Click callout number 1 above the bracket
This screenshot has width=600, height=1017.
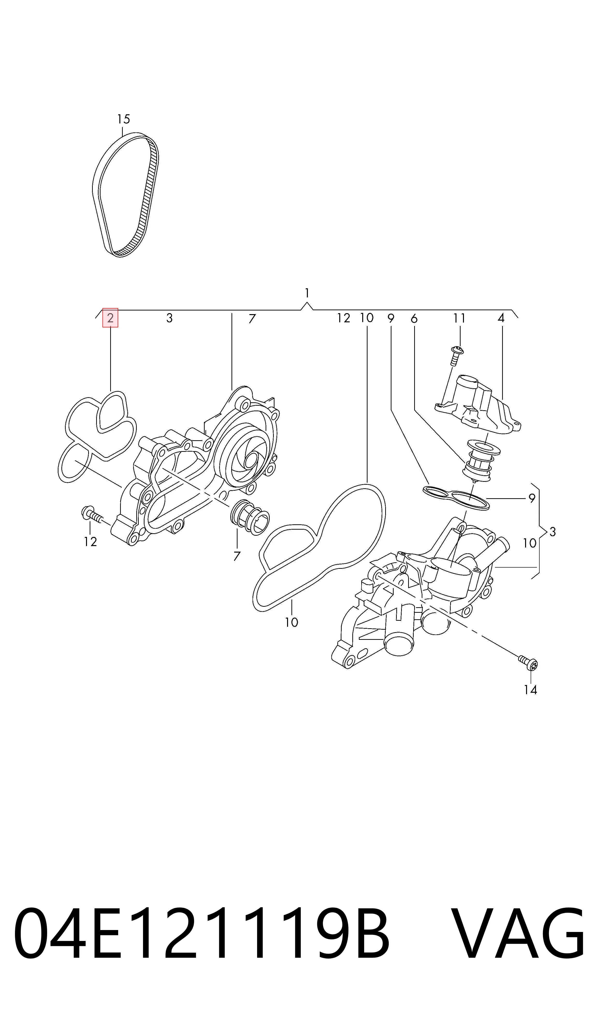pyautogui.click(x=307, y=292)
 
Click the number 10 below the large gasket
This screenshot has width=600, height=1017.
pyautogui.click(x=291, y=622)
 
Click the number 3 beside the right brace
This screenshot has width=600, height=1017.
pyautogui.click(x=553, y=532)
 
